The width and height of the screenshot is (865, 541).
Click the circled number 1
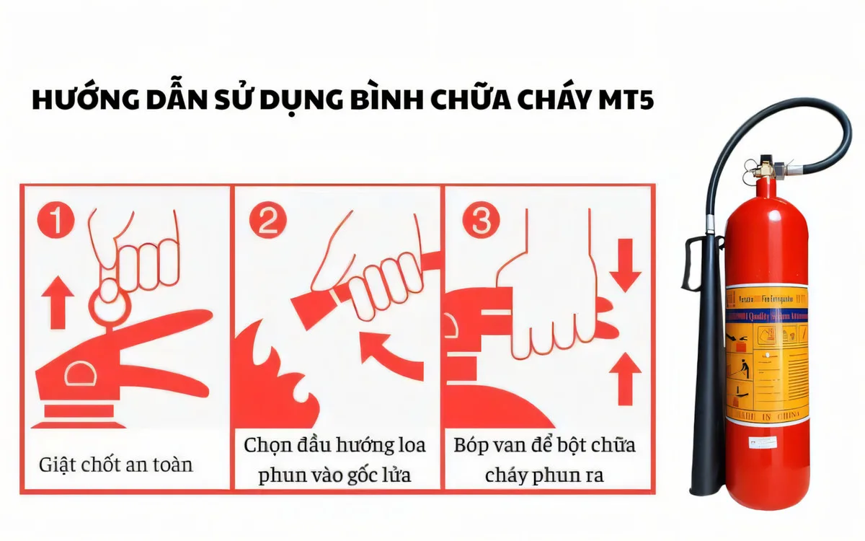56,220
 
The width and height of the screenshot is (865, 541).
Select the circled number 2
267,220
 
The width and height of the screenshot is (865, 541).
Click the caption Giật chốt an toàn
115,463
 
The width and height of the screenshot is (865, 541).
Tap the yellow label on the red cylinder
766,353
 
